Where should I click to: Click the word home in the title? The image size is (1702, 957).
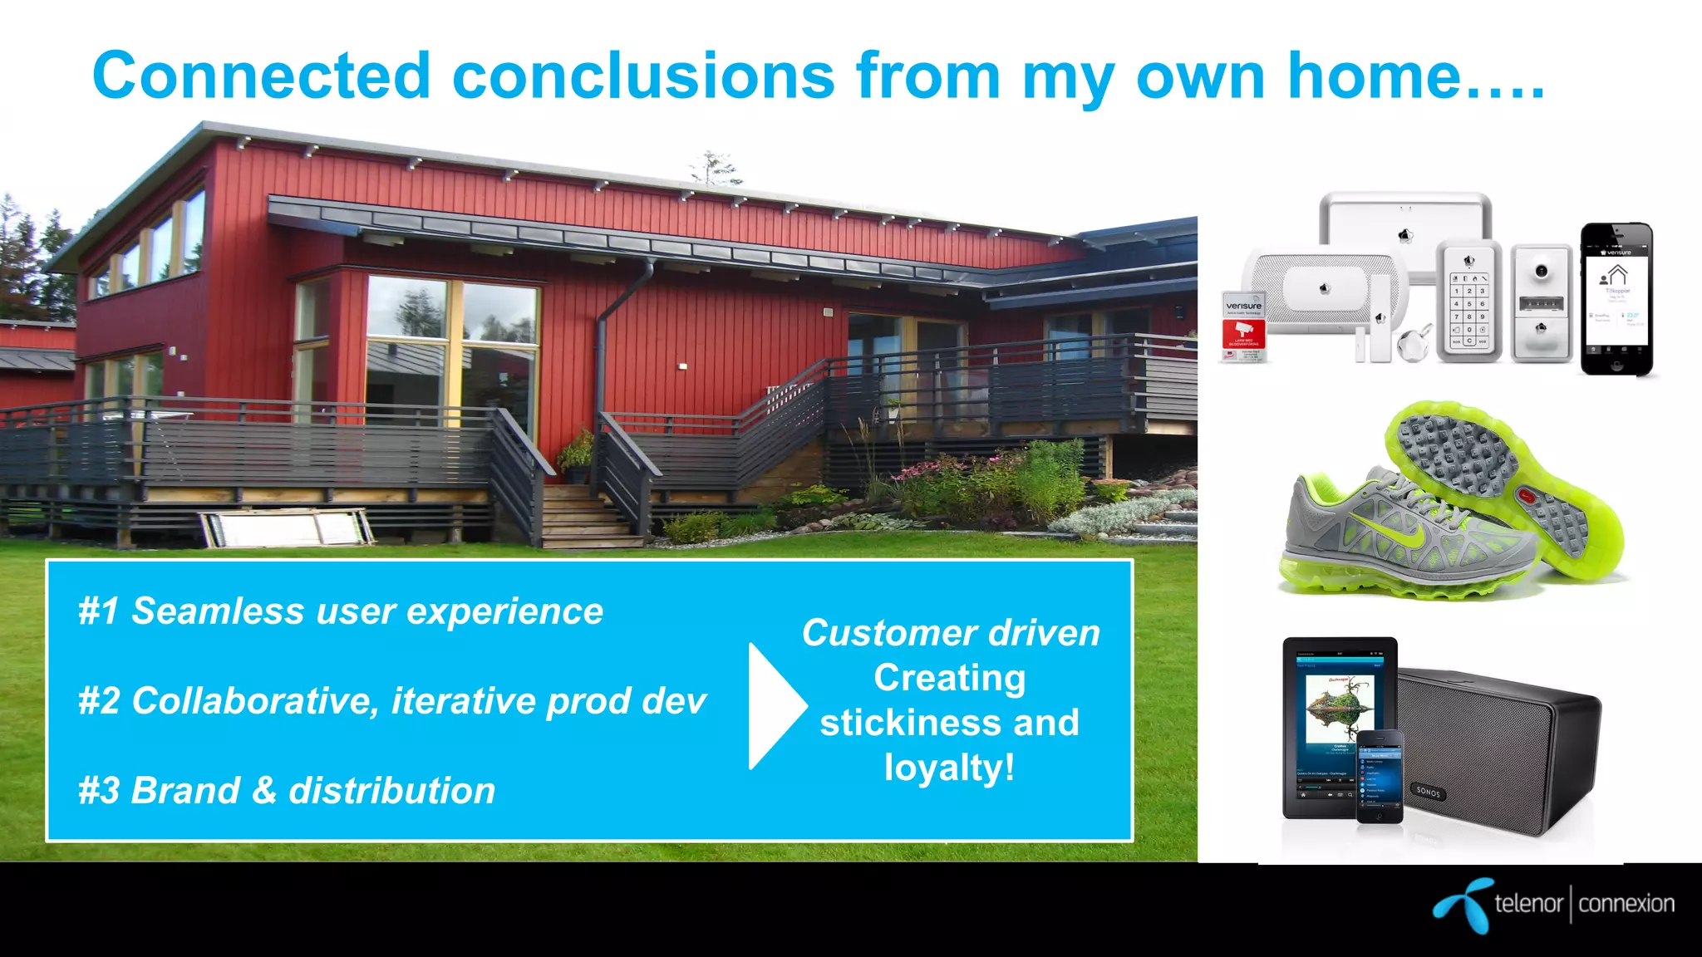1373,76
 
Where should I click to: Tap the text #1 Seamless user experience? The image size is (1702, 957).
340,611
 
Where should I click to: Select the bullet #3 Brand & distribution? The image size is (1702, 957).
286,790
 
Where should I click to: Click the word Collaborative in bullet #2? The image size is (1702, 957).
254,700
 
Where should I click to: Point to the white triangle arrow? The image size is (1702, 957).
773,705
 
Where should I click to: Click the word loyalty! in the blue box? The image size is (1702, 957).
949,767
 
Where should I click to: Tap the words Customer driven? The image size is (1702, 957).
950,633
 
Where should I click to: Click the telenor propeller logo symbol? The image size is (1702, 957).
1461,905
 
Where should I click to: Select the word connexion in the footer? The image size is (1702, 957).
1626,904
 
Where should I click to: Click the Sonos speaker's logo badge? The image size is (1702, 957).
1428,791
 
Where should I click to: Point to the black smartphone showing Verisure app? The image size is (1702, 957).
1616,299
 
